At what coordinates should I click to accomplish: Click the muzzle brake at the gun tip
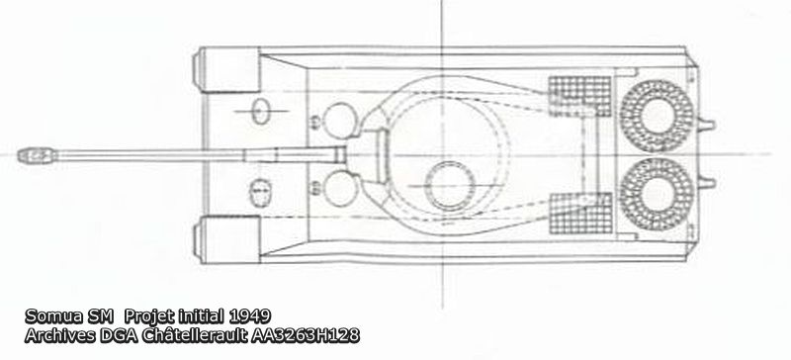[x=37, y=155]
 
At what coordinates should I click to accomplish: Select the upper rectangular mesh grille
[x=579, y=97]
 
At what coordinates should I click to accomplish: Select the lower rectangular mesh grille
[x=580, y=213]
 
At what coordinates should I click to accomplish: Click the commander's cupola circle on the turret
[x=450, y=186]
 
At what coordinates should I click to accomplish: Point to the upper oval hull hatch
[x=261, y=112]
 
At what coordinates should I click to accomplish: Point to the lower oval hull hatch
[x=261, y=193]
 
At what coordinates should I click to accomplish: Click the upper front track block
[x=226, y=69]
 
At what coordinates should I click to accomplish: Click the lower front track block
[x=226, y=239]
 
